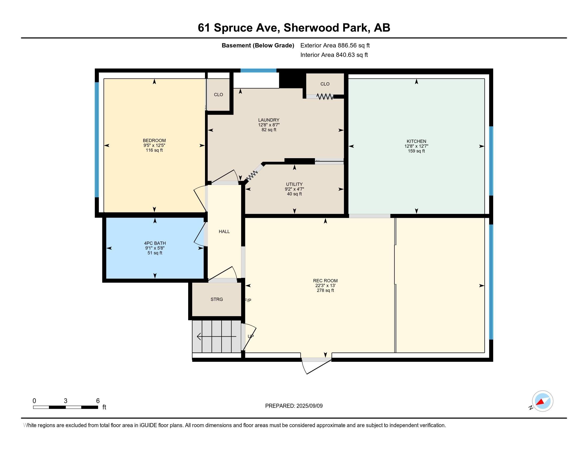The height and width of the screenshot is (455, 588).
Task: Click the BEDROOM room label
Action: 154,141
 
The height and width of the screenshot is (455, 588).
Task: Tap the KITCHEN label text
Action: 416,141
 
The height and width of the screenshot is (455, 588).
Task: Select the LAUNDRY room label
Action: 269,120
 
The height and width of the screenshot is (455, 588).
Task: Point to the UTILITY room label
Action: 294,184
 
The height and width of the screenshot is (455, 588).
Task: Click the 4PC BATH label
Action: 155,243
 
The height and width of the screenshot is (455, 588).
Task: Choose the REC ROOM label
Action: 325,280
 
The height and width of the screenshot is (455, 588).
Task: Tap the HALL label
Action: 224,232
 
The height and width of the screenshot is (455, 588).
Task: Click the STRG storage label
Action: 217,299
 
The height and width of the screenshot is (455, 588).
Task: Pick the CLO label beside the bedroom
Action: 218,94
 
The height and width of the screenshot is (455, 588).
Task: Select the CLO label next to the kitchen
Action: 325,84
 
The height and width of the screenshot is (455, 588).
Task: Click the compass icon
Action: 543,401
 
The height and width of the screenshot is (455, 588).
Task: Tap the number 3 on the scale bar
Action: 65,401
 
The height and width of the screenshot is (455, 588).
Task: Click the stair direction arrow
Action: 217,336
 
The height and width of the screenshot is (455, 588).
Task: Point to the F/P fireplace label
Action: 248,300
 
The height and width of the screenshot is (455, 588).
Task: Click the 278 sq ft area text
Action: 325,290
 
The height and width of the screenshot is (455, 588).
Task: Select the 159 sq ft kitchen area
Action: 416,151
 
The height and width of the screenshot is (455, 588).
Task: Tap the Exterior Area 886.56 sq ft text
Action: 335,45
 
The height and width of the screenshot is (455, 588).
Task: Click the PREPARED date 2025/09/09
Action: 309,406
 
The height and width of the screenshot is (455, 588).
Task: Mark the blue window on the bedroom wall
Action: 97,140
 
